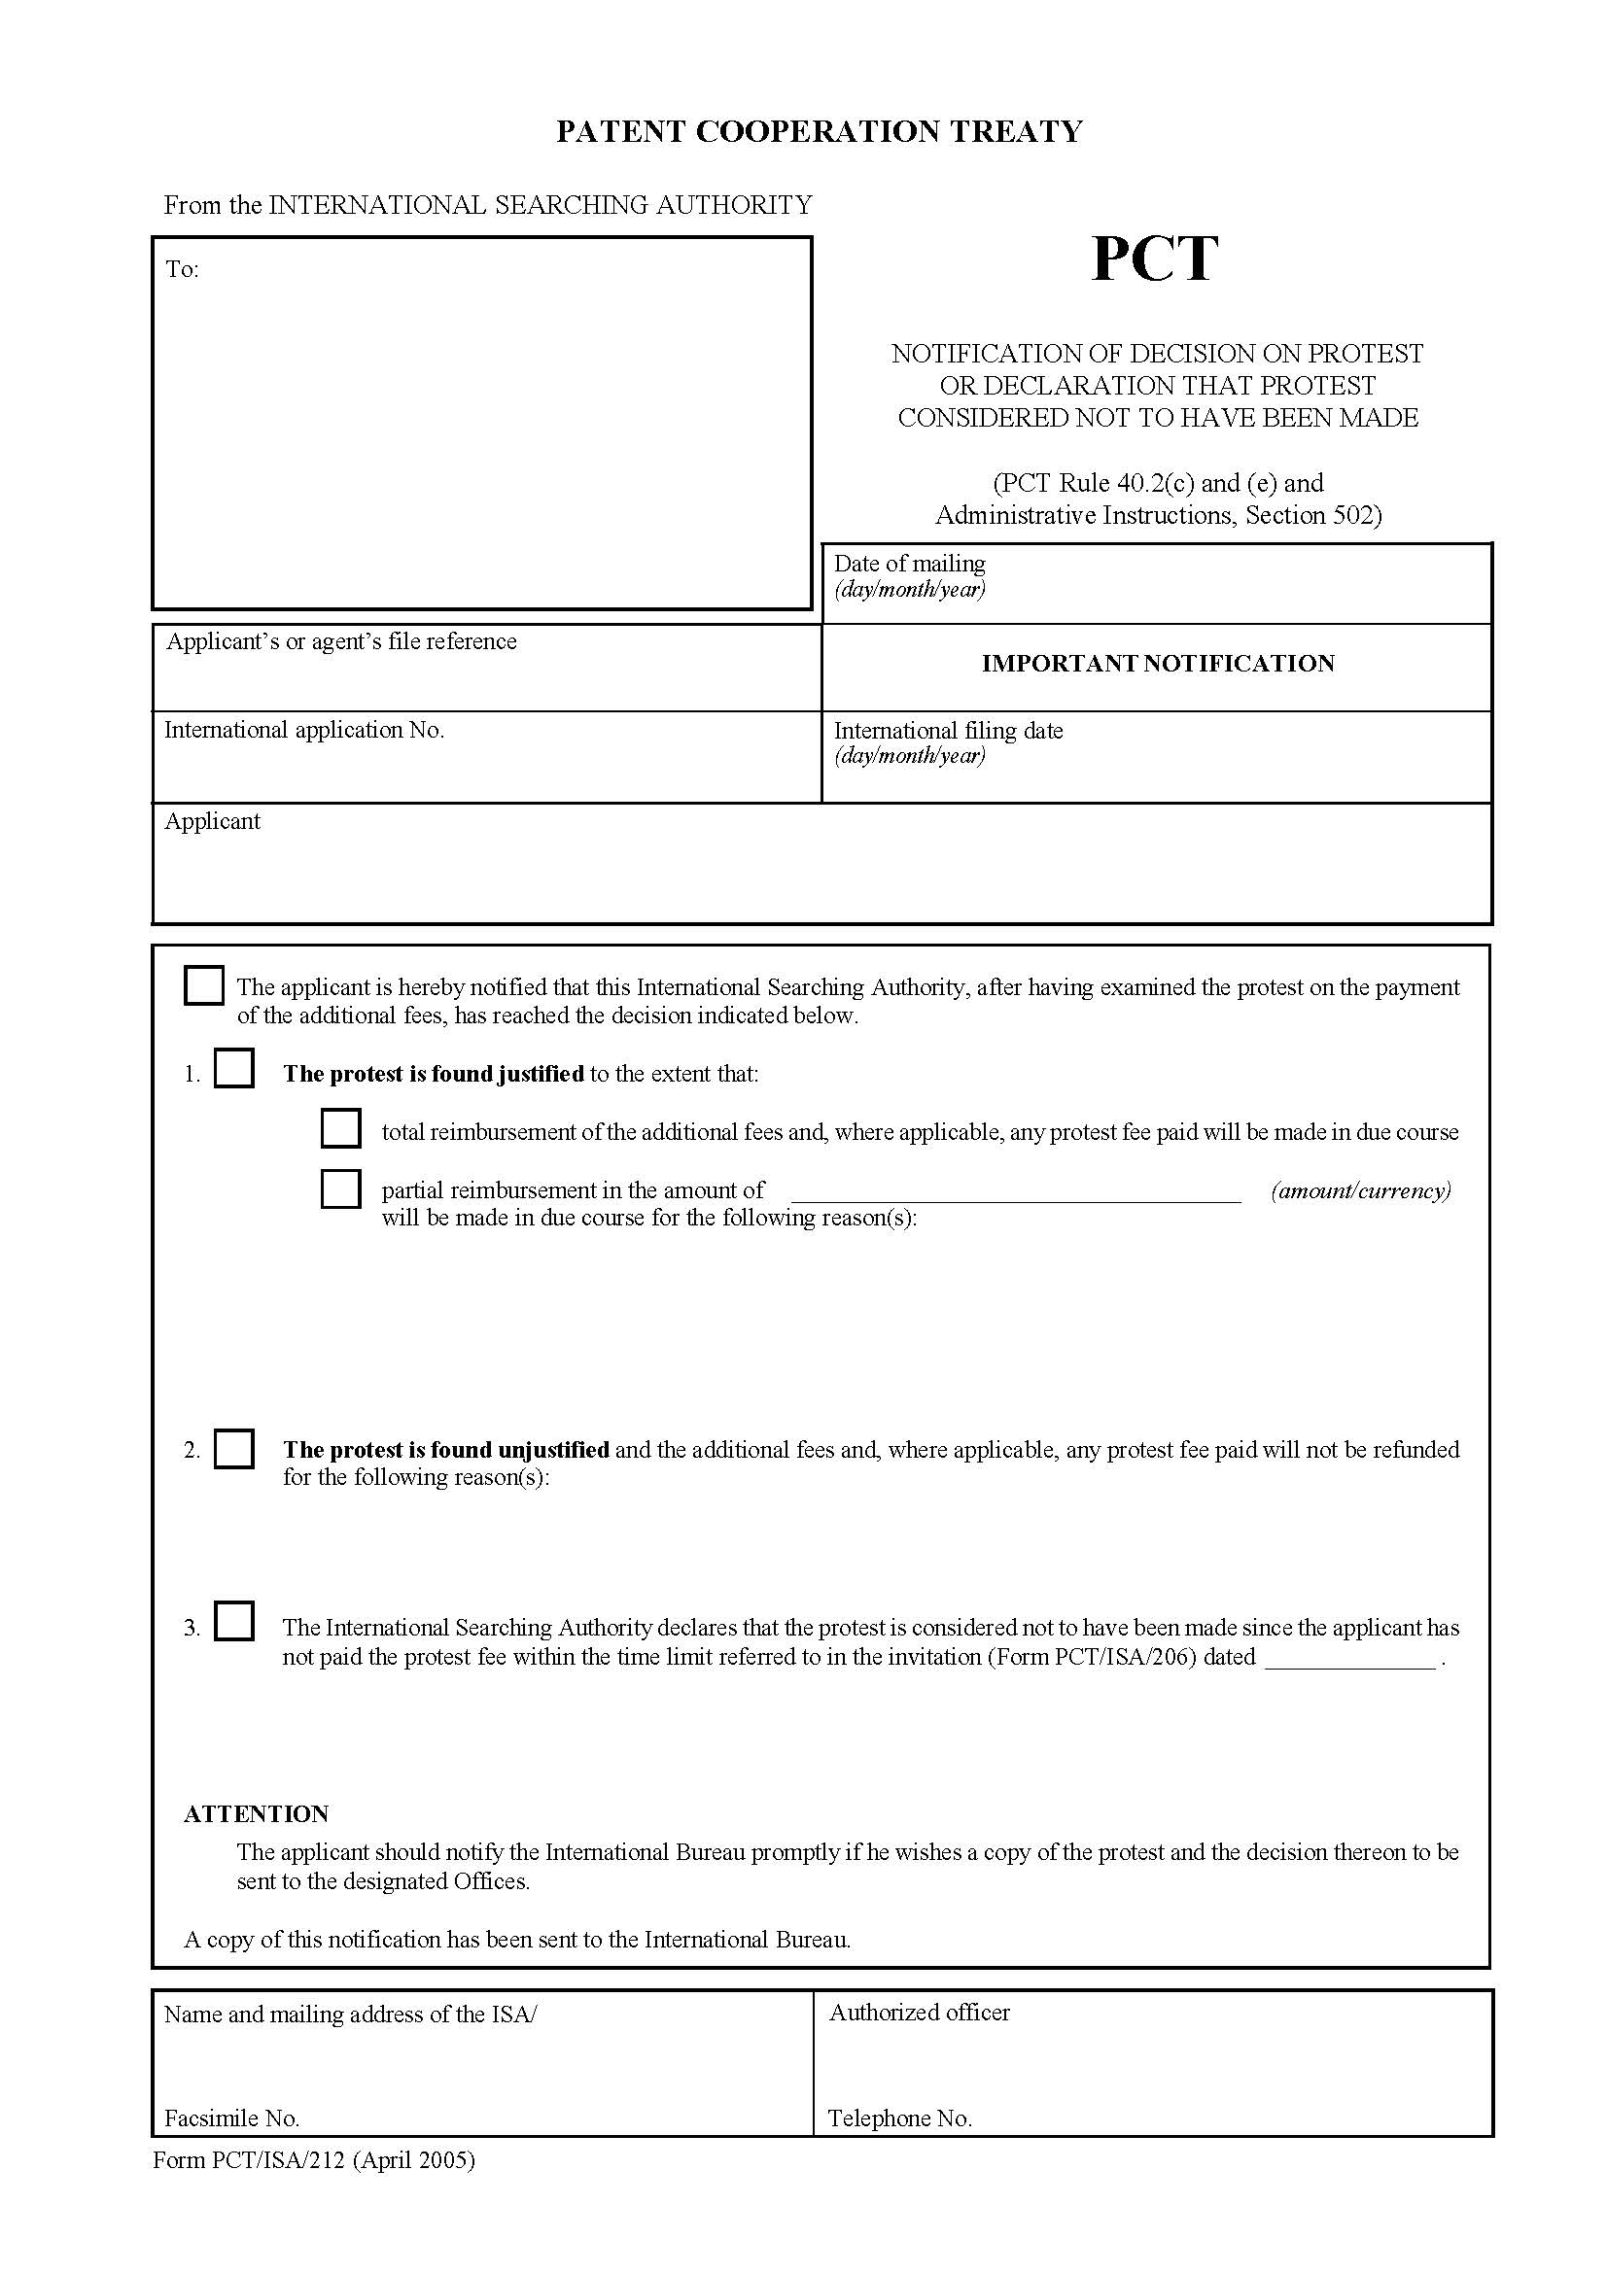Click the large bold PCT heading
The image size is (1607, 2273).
[x=1154, y=259]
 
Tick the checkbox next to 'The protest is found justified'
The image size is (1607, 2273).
[x=233, y=1069]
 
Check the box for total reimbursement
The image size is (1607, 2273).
[x=339, y=1128]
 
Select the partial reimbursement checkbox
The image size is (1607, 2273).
[x=339, y=1188]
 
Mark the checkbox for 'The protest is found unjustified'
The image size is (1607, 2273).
[x=233, y=1448]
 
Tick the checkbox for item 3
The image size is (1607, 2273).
[x=233, y=1622]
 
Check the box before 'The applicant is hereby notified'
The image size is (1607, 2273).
[x=204, y=986]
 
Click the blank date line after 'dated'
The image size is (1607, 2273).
[x=1349, y=1659]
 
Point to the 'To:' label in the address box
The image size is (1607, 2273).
[x=182, y=269]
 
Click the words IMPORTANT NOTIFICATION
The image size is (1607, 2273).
[x=1158, y=664]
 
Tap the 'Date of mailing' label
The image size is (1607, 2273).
[x=909, y=564]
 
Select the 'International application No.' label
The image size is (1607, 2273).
[x=304, y=730]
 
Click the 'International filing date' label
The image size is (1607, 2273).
[x=948, y=731]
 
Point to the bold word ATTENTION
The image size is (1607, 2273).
[x=256, y=1813]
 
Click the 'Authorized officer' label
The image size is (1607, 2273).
[x=919, y=2013]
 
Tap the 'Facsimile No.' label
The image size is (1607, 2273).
[x=231, y=2118]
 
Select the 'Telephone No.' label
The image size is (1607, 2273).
[x=899, y=2118]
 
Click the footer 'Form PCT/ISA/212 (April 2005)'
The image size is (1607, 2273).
[x=314, y=2159]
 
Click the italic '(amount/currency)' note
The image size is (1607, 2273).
[x=1360, y=1190]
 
